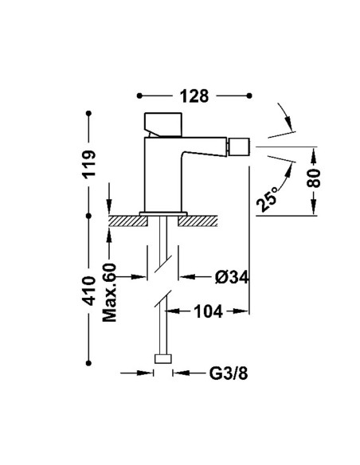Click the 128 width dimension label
point(194,96)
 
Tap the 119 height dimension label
point(89,164)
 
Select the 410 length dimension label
point(88,291)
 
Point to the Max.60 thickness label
point(109,292)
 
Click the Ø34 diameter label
point(232,278)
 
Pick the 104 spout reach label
point(208,311)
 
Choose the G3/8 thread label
point(229,373)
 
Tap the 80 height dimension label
point(314,178)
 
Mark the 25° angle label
point(267,199)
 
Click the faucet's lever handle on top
point(163,124)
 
